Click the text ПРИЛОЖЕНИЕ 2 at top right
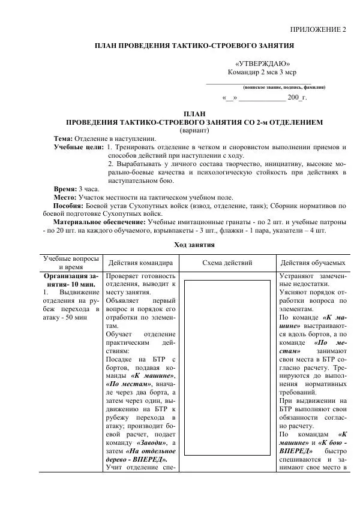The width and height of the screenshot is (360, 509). click(319, 29)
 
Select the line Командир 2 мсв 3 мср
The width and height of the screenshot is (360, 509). click(262, 73)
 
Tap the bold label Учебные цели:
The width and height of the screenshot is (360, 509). click(79, 147)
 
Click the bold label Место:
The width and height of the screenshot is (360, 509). click(65, 197)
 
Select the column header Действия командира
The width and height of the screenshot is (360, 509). click(141, 263)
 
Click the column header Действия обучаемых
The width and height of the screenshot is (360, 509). click(313, 263)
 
